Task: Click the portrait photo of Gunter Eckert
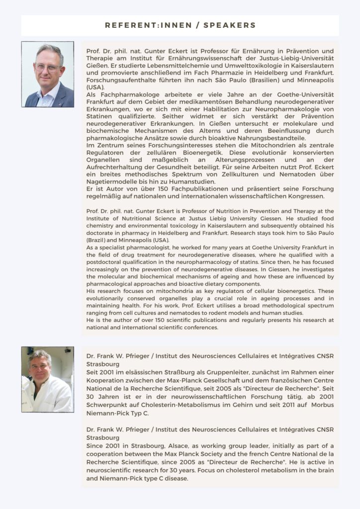(x=48, y=74)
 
